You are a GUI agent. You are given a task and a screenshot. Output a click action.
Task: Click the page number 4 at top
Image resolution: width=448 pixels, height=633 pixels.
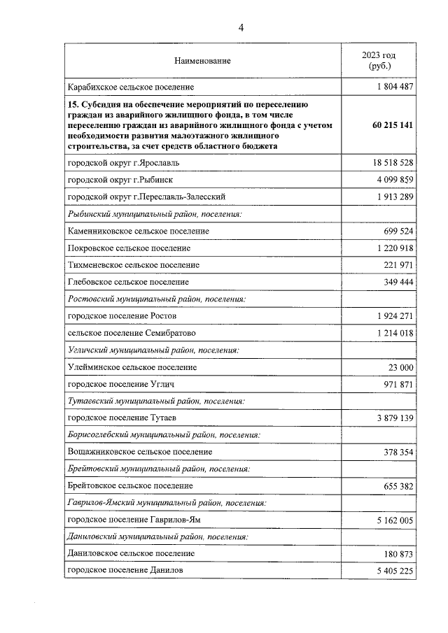click(241, 28)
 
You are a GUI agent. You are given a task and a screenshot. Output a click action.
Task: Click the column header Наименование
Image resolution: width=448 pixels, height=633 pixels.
click(202, 61)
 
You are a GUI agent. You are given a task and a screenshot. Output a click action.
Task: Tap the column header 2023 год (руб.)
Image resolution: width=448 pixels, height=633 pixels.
click(378, 60)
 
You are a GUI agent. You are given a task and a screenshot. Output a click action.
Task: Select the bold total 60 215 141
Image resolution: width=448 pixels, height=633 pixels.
click(387, 125)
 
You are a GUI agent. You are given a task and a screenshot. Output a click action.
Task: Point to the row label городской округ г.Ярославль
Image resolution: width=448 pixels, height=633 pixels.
click(123, 162)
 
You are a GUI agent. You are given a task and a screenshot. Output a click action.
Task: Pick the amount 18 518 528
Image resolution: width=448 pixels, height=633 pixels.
click(388, 162)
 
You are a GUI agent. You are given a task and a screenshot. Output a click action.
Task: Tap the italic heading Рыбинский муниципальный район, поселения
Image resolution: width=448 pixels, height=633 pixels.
click(154, 213)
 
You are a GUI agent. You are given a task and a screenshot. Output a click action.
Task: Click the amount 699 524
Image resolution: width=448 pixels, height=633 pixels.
click(395, 231)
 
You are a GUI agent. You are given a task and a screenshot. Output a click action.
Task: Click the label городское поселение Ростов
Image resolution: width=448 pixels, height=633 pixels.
click(122, 316)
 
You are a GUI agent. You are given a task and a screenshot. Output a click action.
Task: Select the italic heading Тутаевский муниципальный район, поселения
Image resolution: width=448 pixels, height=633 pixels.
click(155, 401)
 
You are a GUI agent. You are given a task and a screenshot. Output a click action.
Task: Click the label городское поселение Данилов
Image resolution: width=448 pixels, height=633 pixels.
click(125, 571)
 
